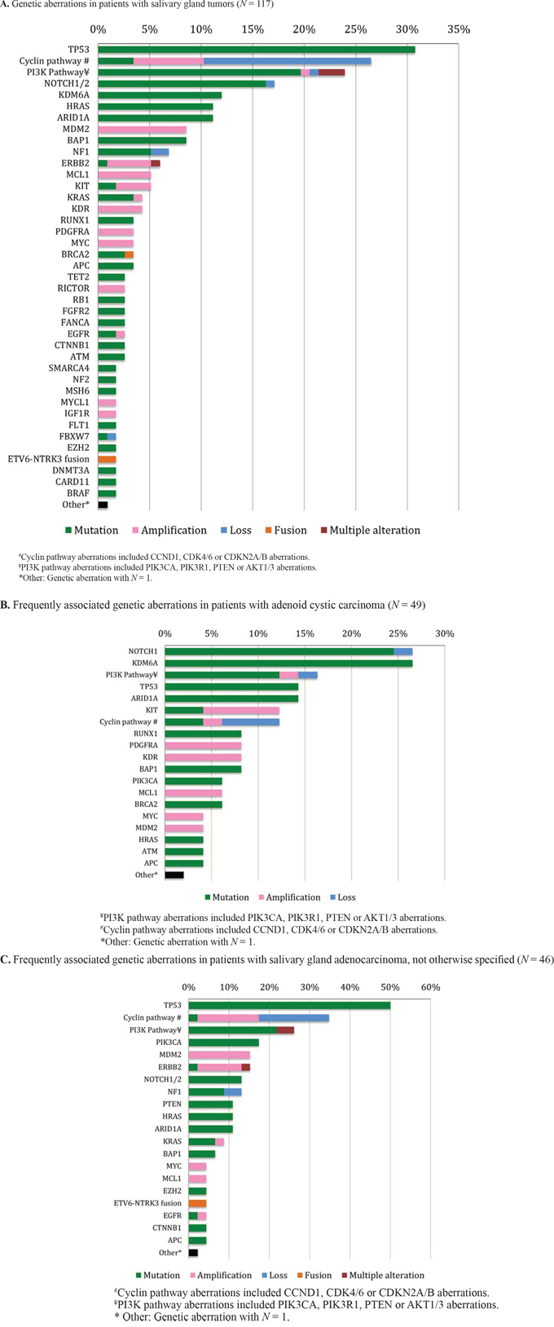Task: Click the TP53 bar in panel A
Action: [x=257, y=50]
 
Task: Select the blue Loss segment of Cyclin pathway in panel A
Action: [x=287, y=61]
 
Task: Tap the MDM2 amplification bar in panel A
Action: [x=142, y=130]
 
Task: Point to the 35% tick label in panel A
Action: [x=459, y=30]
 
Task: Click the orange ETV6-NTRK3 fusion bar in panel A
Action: [x=107, y=460]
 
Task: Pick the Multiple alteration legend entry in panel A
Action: [x=369, y=530]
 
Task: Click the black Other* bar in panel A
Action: [x=103, y=505]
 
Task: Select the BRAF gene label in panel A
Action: [x=78, y=493]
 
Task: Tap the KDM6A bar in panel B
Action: [x=288, y=663]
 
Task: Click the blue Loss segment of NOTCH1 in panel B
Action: [x=402, y=651]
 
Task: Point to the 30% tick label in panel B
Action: [x=444, y=633]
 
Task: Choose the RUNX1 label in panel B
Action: [x=147, y=734]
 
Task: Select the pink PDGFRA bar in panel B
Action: [x=203, y=746]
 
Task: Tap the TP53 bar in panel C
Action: [x=289, y=1005]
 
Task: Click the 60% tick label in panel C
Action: [x=429, y=987]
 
